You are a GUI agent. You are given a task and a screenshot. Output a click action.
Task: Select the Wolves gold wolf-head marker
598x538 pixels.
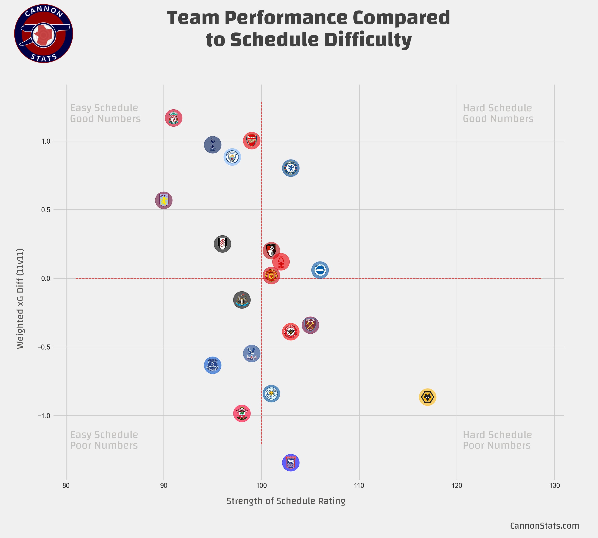(428, 397)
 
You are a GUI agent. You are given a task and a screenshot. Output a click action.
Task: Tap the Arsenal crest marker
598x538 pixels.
(252, 141)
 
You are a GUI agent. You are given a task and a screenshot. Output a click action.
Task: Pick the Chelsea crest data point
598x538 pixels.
(291, 168)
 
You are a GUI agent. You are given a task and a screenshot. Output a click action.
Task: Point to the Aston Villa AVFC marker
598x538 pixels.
(164, 200)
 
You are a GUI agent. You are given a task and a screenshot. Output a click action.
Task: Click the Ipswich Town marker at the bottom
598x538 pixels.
(291, 463)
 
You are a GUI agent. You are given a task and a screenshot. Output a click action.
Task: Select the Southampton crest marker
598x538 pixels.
(242, 413)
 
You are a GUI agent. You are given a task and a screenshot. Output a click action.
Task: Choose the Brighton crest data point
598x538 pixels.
(320, 270)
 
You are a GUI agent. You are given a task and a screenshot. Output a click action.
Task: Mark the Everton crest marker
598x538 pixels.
(213, 365)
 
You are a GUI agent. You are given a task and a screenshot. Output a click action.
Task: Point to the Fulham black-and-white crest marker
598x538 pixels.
(222, 244)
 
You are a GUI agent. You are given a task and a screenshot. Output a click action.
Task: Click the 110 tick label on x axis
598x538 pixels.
(359, 486)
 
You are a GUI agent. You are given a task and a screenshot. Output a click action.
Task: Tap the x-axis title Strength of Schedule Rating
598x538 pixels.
(286, 501)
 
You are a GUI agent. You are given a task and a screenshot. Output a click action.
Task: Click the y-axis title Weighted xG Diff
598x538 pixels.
(20, 299)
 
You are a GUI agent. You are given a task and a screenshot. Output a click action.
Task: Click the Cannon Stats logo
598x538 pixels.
(43, 33)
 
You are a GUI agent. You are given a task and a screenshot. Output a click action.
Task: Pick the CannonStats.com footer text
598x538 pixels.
(544, 526)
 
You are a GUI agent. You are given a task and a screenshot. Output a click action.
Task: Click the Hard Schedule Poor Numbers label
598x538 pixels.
(497, 440)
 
